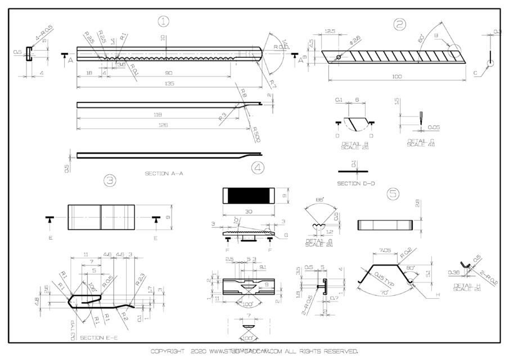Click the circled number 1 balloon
pos(163,22)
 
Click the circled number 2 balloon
pos(400,24)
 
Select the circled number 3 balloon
pos(110,180)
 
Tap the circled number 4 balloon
pos(257,168)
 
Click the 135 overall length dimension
pos(169,83)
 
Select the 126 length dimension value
pos(163,125)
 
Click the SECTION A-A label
pos(164,173)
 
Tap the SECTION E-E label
pos(98,337)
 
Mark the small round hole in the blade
pos(339,57)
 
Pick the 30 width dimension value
pos(248,212)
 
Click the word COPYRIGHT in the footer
pos(168,352)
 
